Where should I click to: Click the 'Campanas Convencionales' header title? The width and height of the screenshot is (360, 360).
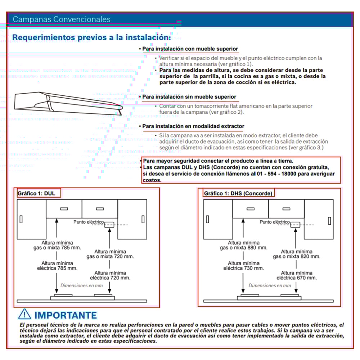(62, 19)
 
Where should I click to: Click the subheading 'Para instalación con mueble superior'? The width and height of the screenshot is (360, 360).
(190, 49)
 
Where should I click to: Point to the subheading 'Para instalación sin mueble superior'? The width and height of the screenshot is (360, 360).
(189, 97)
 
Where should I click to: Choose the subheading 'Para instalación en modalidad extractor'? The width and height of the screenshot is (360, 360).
(193, 126)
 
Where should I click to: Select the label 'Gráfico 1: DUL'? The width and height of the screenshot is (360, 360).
(36, 193)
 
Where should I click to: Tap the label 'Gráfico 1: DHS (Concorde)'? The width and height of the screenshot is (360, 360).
(238, 193)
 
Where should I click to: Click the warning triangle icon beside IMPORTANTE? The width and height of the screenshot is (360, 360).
(24, 314)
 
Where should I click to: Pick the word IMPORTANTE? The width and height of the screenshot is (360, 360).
(66, 315)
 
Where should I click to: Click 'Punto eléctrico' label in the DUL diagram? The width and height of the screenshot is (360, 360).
(89, 222)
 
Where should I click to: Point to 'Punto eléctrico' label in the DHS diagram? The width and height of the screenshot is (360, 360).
(275, 222)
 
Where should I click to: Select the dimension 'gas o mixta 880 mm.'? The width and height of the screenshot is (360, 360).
(244, 248)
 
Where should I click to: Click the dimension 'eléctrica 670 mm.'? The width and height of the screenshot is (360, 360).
(297, 278)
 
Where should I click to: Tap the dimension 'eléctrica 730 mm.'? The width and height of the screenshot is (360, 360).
(243, 268)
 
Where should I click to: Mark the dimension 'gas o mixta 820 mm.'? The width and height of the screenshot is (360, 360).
(296, 257)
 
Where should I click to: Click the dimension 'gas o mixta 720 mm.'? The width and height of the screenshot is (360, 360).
(110, 257)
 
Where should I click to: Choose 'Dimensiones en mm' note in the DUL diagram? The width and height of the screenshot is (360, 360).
(82, 285)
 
